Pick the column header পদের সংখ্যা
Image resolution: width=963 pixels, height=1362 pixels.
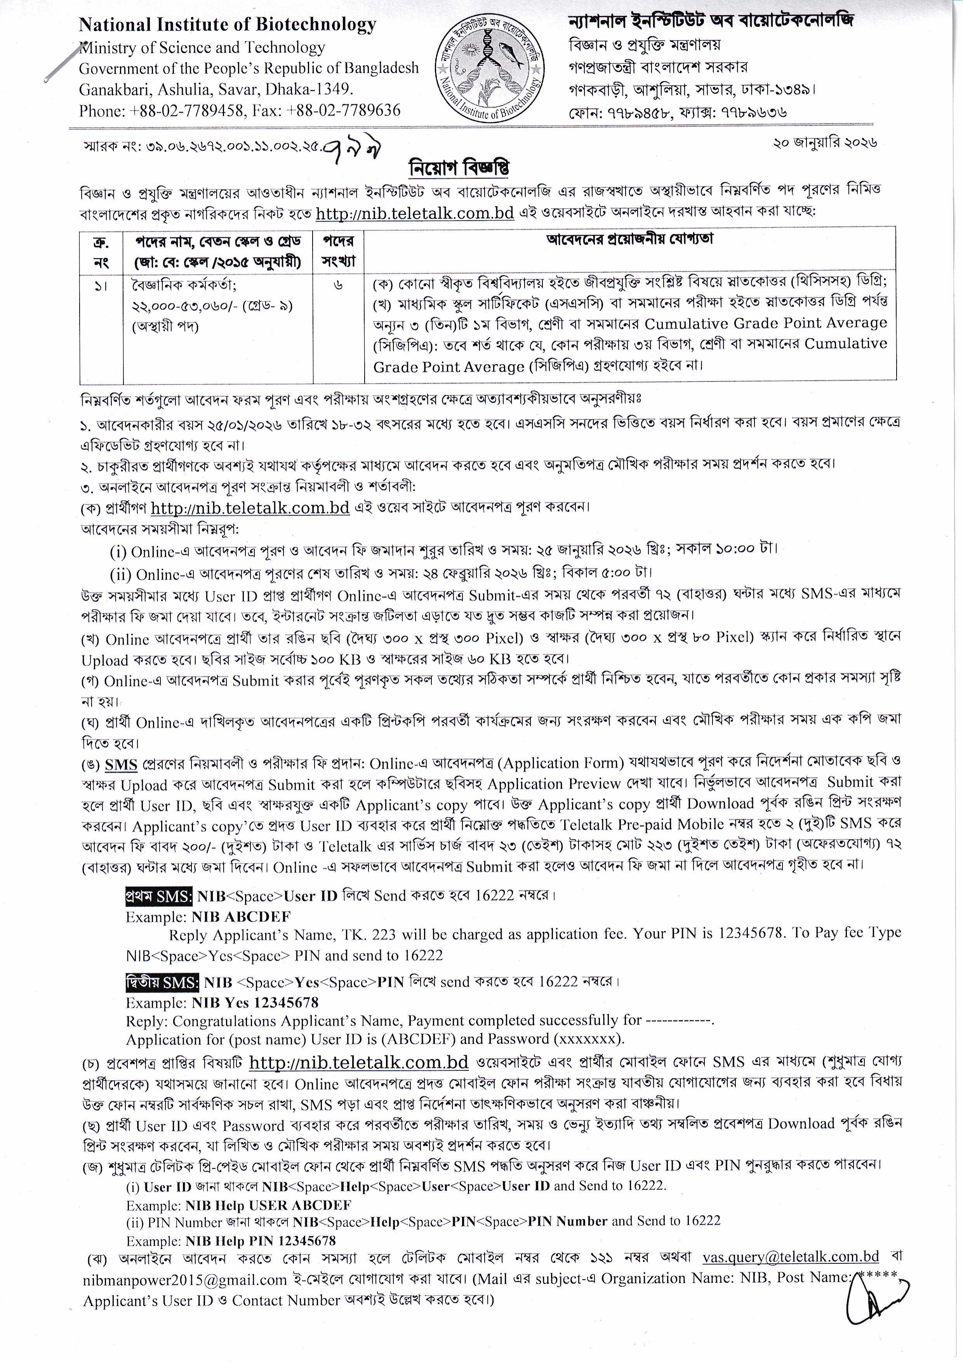(x=338, y=250)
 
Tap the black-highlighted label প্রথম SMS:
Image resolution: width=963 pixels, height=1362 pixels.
(x=158, y=896)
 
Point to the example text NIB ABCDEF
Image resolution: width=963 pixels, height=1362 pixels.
(x=241, y=917)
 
